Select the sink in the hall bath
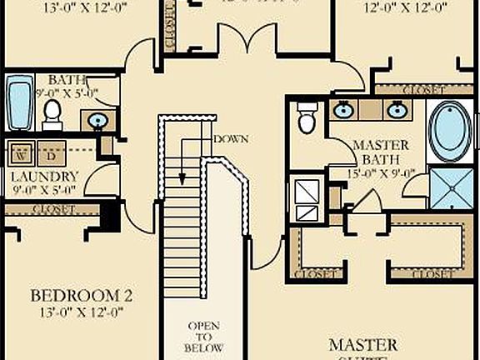click(x=97, y=120)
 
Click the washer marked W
click(x=22, y=152)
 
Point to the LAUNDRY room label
click(x=44, y=177)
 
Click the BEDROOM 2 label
click(x=82, y=296)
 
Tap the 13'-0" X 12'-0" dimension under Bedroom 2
click(x=82, y=312)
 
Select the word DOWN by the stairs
click(x=231, y=137)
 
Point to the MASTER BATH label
click(x=381, y=152)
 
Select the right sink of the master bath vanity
click(x=397, y=109)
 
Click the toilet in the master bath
click(x=307, y=118)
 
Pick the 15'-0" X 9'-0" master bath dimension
click(x=381, y=173)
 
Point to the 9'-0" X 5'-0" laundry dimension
click(x=44, y=190)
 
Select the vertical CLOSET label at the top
click(x=170, y=25)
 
